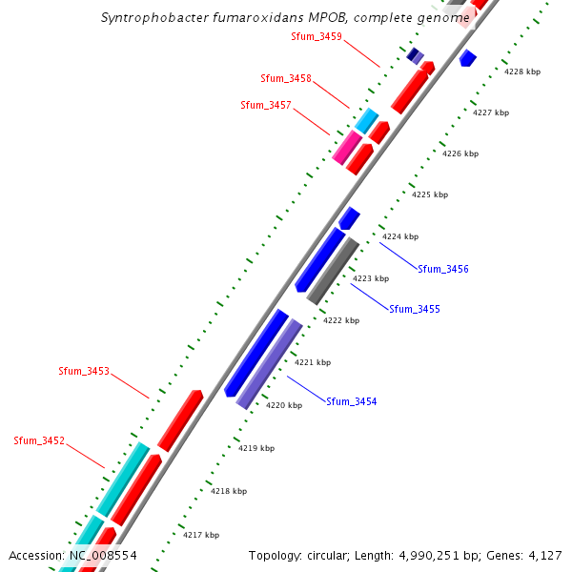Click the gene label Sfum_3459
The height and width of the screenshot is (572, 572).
point(316,36)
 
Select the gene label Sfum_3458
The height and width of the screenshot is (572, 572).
point(285,78)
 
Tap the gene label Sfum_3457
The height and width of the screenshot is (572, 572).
point(266,105)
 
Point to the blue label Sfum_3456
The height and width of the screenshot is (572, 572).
point(442,269)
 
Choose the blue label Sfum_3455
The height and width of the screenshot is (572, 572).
point(415,309)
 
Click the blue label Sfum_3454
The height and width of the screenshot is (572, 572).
point(351,401)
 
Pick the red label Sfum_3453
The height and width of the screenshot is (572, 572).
point(84,371)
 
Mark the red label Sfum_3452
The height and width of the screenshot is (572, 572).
point(39,440)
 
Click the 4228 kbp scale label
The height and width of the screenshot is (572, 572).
point(522,71)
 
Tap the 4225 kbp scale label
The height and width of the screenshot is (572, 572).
point(430,194)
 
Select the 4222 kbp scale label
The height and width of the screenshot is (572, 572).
point(341,320)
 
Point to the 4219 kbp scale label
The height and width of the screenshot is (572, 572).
point(256,447)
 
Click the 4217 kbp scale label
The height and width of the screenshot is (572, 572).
point(201,535)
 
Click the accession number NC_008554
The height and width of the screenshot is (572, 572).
point(102,555)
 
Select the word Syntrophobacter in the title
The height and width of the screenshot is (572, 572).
point(151,17)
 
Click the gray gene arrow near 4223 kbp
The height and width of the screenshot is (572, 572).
point(333,271)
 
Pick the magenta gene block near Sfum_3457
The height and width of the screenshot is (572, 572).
point(347,148)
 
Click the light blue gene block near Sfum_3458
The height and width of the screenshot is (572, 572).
point(366,120)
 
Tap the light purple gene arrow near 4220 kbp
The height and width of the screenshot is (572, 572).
point(269,364)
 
